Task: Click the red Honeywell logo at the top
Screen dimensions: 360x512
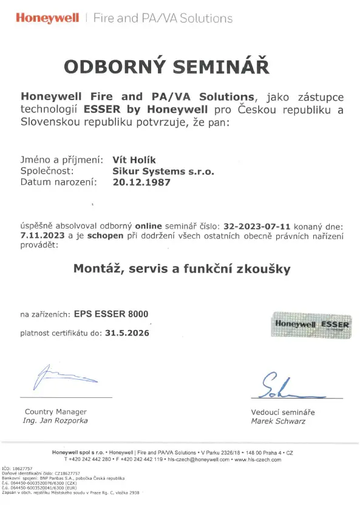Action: click(x=47, y=18)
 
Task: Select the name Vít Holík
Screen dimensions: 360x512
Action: click(x=135, y=160)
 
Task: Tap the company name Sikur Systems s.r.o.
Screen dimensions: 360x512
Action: click(x=163, y=171)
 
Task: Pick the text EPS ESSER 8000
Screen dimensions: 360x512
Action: click(x=110, y=314)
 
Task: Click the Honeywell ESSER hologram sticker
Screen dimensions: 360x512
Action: click(x=311, y=324)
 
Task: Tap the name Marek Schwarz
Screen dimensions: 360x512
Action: click(x=279, y=421)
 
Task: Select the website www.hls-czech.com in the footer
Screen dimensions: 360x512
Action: click(x=258, y=460)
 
